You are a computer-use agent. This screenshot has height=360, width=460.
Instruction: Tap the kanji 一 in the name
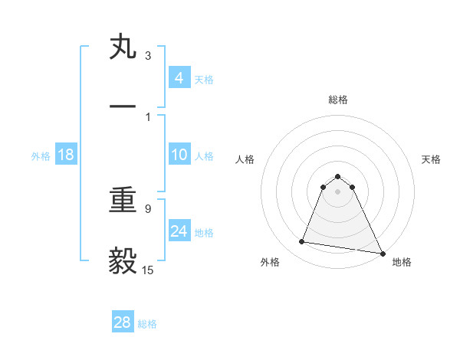(123, 106)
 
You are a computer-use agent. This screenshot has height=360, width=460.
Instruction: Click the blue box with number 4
(179, 78)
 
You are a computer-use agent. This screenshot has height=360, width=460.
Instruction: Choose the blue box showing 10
(179, 155)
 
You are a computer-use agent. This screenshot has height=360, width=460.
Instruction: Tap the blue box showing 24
(179, 231)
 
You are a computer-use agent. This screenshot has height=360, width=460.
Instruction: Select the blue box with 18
(66, 155)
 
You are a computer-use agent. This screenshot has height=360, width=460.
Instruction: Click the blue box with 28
(123, 323)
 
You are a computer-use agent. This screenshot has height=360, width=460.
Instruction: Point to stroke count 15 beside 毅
(148, 270)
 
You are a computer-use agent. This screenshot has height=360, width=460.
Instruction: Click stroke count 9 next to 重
(148, 208)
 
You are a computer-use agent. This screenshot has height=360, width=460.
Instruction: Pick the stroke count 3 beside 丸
(148, 56)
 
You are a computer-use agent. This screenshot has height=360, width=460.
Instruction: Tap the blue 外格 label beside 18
(41, 156)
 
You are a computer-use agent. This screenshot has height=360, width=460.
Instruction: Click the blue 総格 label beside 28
(147, 324)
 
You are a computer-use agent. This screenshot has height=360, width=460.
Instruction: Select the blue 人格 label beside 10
(204, 156)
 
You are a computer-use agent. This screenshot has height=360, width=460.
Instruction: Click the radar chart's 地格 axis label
(402, 262)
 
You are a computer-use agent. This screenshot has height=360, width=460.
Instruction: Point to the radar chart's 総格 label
(337, 100)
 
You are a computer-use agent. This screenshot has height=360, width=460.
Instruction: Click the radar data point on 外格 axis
(301, 242)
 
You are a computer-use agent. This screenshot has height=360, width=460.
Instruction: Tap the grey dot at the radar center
(337, 191)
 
